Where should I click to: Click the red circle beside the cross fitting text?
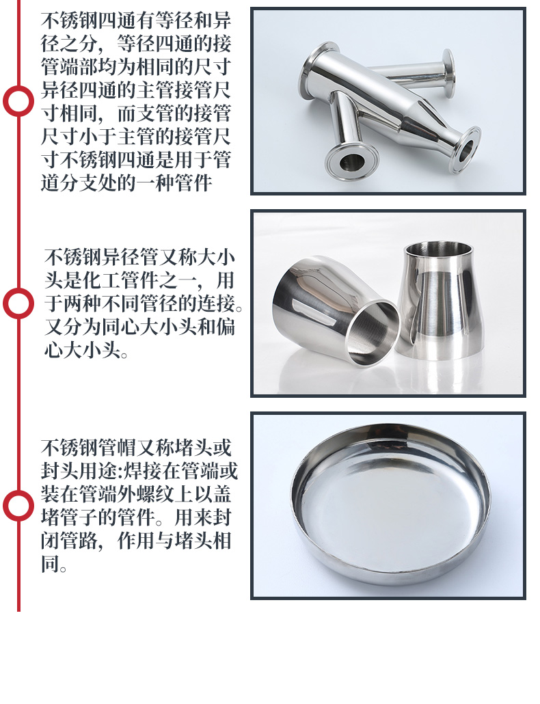[x=18, y=100]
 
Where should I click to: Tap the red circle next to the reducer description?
[x=18, y=303]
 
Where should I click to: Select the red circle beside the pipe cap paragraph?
[x=18, y=506]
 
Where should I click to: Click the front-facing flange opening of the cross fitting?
[x=352, y=161]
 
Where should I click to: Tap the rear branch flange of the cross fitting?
[x=448, y=73]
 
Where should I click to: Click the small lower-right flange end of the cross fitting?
[x=467, y=149]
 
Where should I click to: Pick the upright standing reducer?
[x=440, y=301]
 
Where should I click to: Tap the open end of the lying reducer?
[x=373, y=333]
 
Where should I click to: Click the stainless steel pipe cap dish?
[x=390, y=504]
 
